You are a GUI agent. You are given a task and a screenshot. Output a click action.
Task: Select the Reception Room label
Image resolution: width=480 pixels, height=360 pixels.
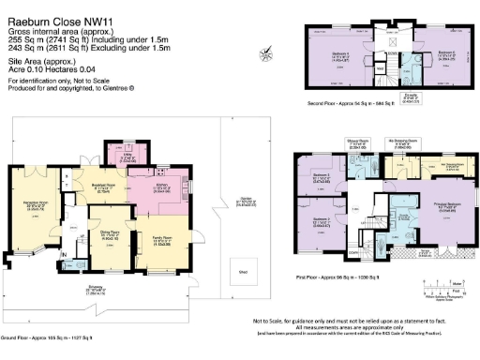37,178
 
